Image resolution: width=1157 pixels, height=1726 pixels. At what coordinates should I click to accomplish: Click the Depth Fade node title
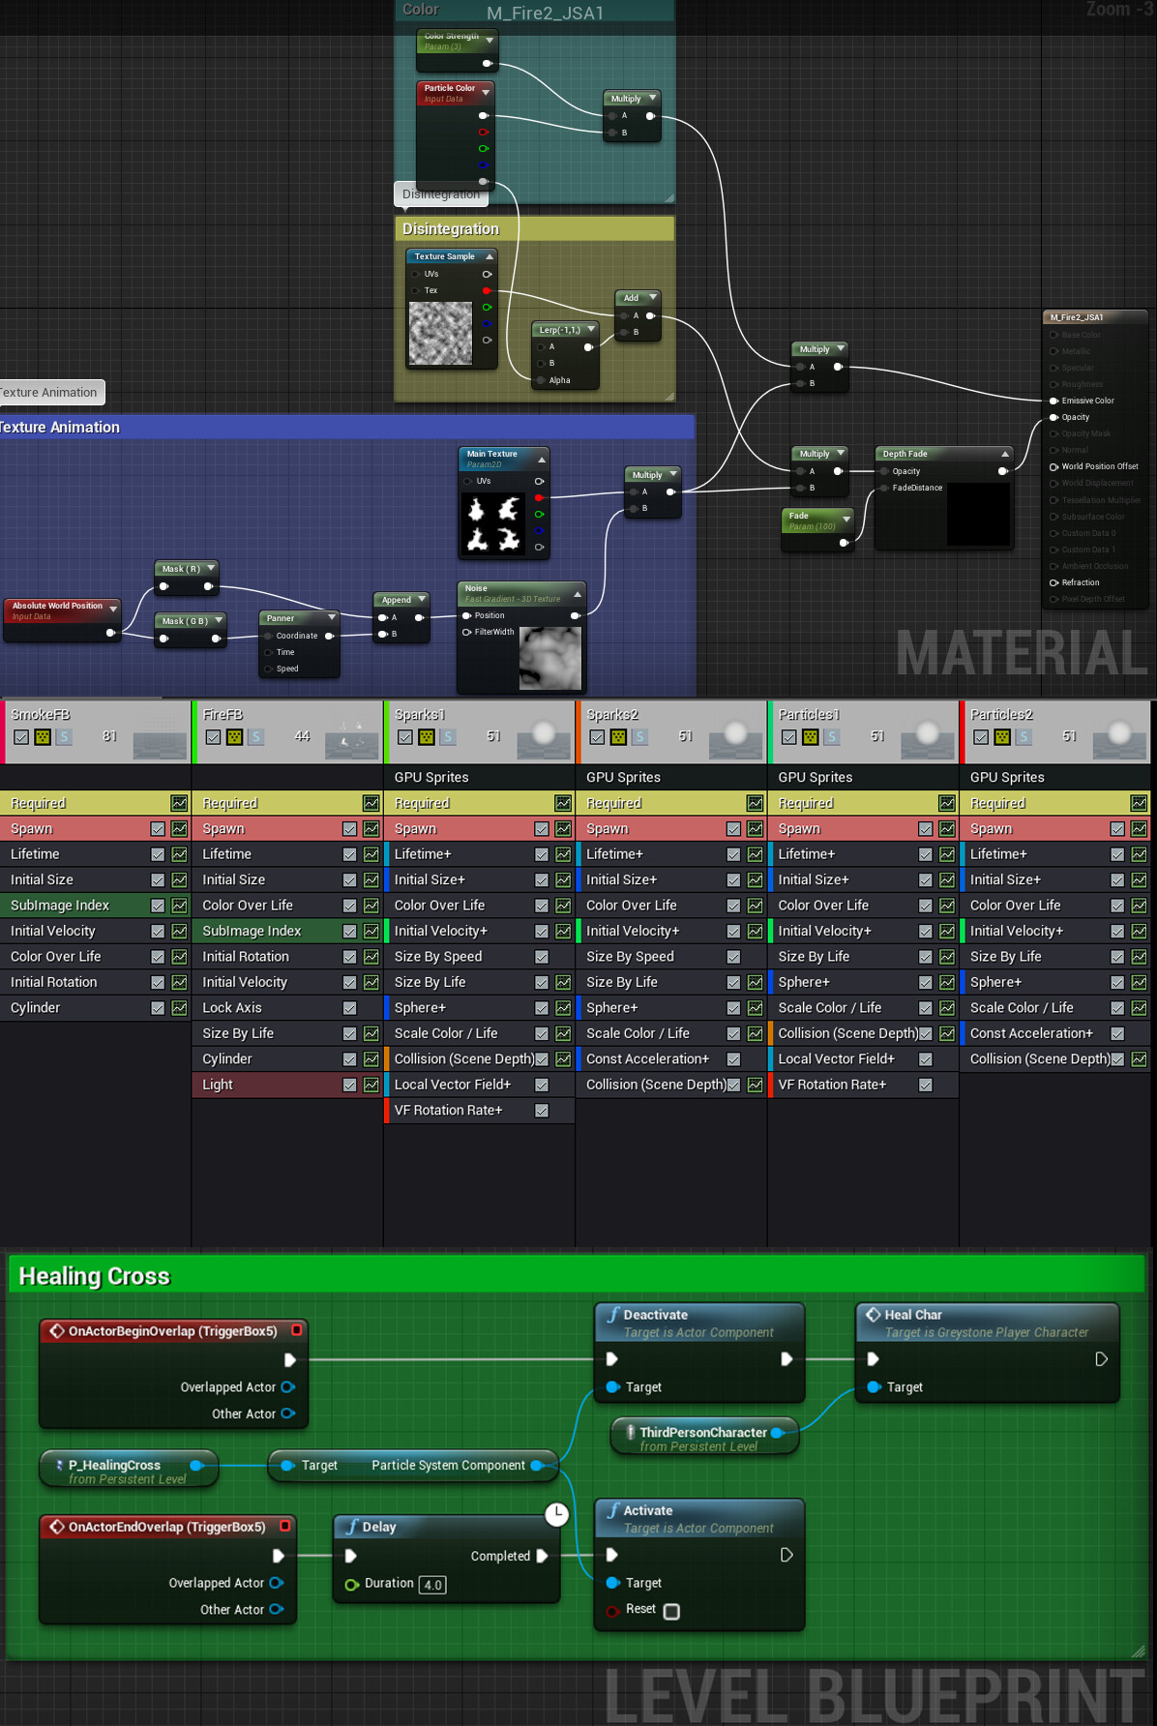[x=905, y=454]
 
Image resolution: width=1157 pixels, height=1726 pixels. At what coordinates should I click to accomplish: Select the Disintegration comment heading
[x=451, y=229]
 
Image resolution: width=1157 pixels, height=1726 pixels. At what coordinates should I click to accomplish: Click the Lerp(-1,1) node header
[x=560, y=330]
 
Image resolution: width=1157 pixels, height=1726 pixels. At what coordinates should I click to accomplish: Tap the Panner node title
[x=281, y=618]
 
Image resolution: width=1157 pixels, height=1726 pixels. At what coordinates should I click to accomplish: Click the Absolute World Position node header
[x=57, y=606]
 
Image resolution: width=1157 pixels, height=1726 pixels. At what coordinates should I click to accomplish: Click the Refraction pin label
[x=1081, y=582]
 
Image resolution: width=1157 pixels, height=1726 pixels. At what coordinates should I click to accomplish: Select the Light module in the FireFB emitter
[x=218, y=1085]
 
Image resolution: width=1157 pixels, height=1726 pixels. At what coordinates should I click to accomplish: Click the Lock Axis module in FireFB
[x=232, y=1007]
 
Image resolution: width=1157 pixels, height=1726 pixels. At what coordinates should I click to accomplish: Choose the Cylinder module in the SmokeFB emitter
[x=36, y=1007]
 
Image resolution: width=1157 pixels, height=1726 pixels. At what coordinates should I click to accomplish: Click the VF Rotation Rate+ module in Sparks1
[x=448, y=1110]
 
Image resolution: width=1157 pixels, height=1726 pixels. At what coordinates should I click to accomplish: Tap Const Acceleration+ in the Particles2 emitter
[x=1031, y=1033]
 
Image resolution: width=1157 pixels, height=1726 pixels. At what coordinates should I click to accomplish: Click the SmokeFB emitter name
[x=41, y=714]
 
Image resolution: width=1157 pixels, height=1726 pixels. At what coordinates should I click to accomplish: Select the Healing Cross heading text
[x=94, y=1276]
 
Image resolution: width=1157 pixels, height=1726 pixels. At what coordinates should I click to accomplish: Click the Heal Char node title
[x=912, y=1315]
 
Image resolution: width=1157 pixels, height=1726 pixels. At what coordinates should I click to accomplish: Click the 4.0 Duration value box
[x=432, y=1585]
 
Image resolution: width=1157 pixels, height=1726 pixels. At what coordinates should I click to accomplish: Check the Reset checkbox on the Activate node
[x=671, y=1611]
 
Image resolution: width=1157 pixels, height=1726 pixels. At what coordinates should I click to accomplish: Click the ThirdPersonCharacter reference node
[x=703, y=1433]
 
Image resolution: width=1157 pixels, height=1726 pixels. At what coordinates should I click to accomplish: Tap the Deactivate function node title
[x=655, y=1315]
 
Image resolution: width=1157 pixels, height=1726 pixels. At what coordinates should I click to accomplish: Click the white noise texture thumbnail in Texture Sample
[x=440, y=333]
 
